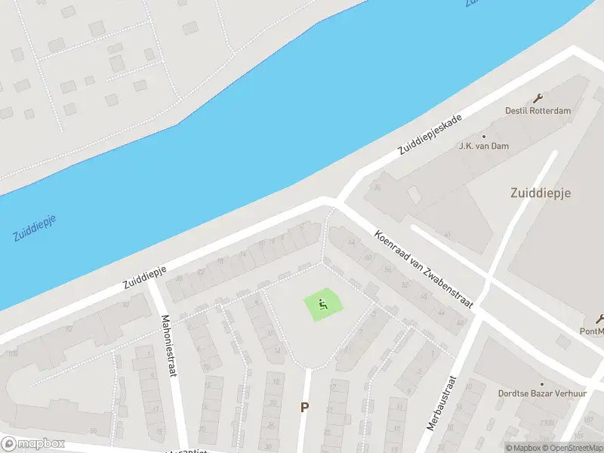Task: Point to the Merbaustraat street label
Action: click(443, 402)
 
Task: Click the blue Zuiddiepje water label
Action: click(35, 227)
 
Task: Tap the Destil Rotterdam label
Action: click(538, 111)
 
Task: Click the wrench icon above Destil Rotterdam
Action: click(538, 98)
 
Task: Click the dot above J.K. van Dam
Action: click(484, 137)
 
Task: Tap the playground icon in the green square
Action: click(323, 305)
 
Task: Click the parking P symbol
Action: click(305, 407)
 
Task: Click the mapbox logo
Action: click(33, 444)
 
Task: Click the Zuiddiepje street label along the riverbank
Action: click(145, 275)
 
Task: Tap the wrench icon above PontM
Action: click(601, 318)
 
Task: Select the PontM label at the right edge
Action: click(592, 330)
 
